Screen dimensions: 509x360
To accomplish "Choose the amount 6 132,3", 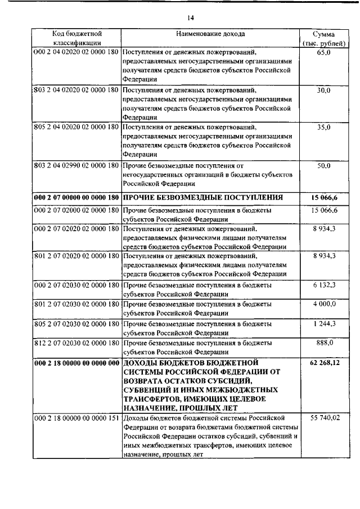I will click(323, 286).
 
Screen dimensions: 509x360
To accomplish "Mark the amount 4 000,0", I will click(323, 304).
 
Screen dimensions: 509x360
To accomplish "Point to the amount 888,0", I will click(323, 342).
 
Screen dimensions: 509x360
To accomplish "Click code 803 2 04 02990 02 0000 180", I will click(76, 166).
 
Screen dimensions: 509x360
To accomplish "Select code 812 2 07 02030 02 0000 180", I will click(76, 342).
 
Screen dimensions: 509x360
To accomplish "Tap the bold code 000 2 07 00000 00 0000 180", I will click(76, 197).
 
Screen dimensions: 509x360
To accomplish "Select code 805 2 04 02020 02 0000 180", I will click(76, 128).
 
